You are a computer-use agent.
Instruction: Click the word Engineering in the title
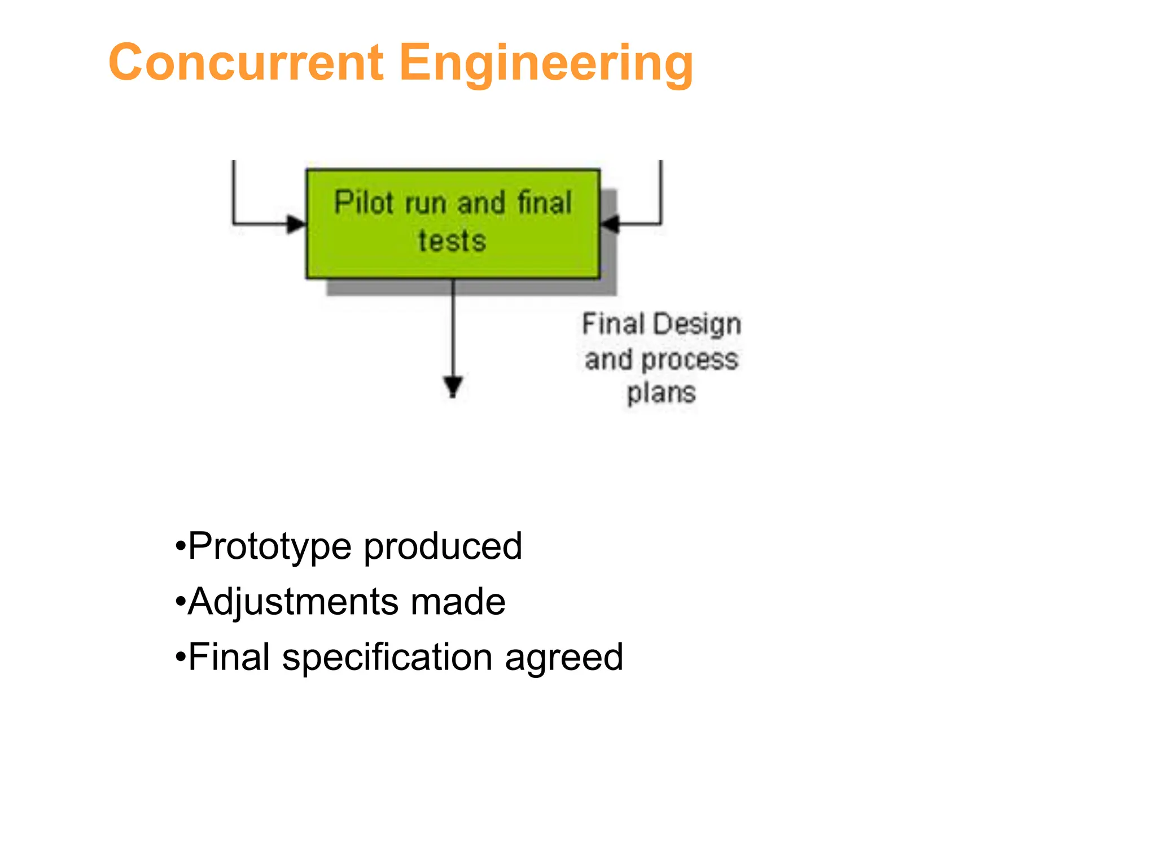tap(546, 64)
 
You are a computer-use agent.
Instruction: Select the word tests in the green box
tap(452, 241)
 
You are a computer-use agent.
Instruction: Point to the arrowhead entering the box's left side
tap(296, 224)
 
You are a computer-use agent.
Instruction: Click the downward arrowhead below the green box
tap(453, 387)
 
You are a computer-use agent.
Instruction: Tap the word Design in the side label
tap(698, 325)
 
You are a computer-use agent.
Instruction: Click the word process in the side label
tap(690, 360)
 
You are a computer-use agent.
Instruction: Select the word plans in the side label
tap(661, 392)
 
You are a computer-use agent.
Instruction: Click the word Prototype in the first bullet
tap(269, 546)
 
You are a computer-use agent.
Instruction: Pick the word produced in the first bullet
tap(443, 546)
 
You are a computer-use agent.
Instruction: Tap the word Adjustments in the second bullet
tap(292, 602)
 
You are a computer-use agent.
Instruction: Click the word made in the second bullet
tap(458, 602)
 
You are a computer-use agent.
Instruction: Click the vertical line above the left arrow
tap(234, 189)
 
